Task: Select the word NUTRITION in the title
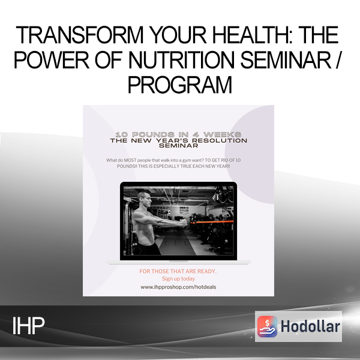click(181, 59)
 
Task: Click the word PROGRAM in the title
click(180, 85)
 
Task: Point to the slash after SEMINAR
click(337, 59)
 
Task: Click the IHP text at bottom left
click(28, 326)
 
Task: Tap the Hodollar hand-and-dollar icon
click(267, 326)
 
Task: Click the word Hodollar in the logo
click(310, 326)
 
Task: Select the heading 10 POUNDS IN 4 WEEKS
click(178, 134)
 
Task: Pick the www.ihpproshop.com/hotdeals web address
click(178, 287)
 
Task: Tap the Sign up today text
click(178, 279)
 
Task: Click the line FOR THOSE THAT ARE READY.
click(178, 271)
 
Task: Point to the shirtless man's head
click(144, 199)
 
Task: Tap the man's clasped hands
click(183, 223)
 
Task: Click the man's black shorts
click(147, 248)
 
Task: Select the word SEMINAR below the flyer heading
click(178, 146)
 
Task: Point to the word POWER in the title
click(52, 59)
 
